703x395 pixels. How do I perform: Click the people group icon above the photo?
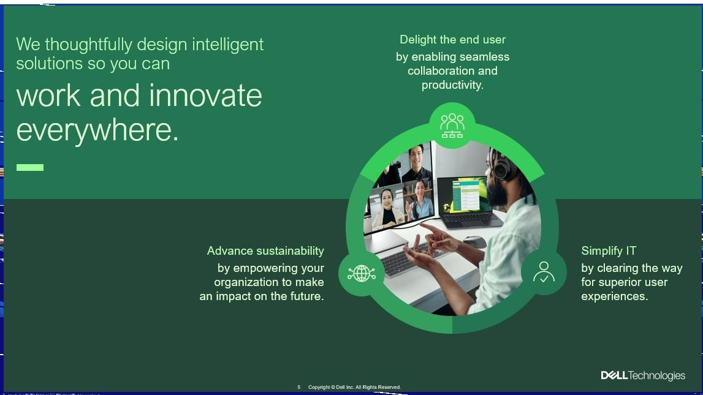coord(452,126)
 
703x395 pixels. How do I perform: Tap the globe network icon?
coord(361,273)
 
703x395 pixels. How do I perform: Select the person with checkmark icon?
coord(544,272)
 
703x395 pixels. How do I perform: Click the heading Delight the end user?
coord(452,40)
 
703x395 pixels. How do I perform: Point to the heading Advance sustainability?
coord(265,251)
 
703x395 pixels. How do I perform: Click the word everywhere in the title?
coord(97,130)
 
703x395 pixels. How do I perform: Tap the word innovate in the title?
coord(205,96)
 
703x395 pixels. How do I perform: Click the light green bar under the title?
coord(30,167)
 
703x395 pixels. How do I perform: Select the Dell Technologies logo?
coord(642,375)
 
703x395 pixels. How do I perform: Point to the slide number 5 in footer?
coord(299,387)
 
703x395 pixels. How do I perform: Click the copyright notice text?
coord(354,387)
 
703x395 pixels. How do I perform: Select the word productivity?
coord(452,85)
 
